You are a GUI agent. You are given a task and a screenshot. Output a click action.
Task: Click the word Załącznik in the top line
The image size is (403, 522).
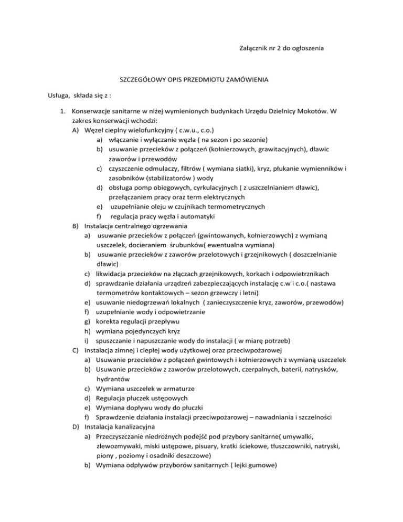pyautogui.click(x=251, y=49)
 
